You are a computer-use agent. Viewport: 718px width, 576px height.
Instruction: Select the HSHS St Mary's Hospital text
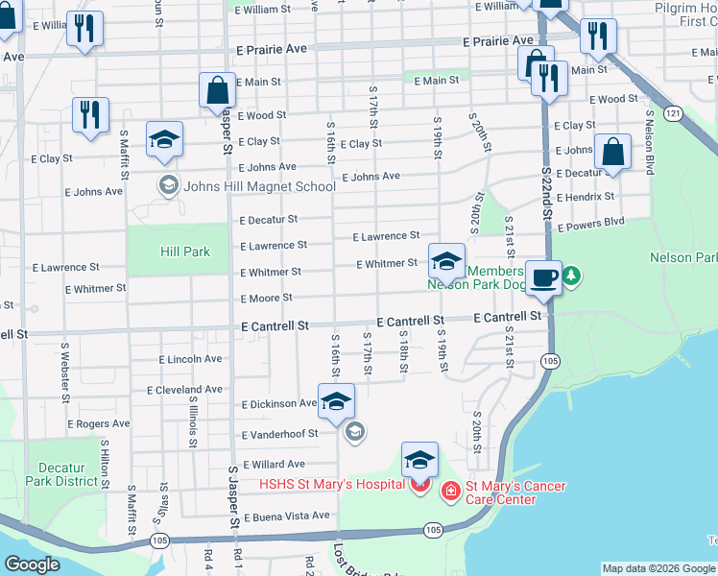(x=331, y=485)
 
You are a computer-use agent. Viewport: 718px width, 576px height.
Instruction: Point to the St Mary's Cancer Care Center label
(x=515, y=492)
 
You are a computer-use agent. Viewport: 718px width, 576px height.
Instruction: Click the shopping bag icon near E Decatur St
(x=611, y=153)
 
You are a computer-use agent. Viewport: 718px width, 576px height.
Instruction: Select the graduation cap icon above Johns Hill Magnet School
(x=165, y=140)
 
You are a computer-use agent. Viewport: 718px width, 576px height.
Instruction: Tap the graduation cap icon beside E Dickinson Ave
(x=336, y=402)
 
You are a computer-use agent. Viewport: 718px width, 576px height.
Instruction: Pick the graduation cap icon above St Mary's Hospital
(x=419, y=461)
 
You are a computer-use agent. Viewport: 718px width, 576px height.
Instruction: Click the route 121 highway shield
(x=675, y=113)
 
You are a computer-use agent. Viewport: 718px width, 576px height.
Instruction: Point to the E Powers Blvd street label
(x=588, y=223)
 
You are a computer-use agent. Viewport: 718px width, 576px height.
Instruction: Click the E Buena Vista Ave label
(x=286, y=517)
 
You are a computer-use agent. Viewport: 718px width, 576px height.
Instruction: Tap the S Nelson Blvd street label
(x=650, y=143)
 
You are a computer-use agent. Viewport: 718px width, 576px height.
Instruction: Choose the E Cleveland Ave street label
(x=185, y=391)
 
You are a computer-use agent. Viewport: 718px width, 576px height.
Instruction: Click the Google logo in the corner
(x=33, y=564)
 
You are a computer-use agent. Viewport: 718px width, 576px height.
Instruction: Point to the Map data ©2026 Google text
(x=658, y=568)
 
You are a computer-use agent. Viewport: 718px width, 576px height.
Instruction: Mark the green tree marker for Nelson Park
(x=572, y=276)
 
